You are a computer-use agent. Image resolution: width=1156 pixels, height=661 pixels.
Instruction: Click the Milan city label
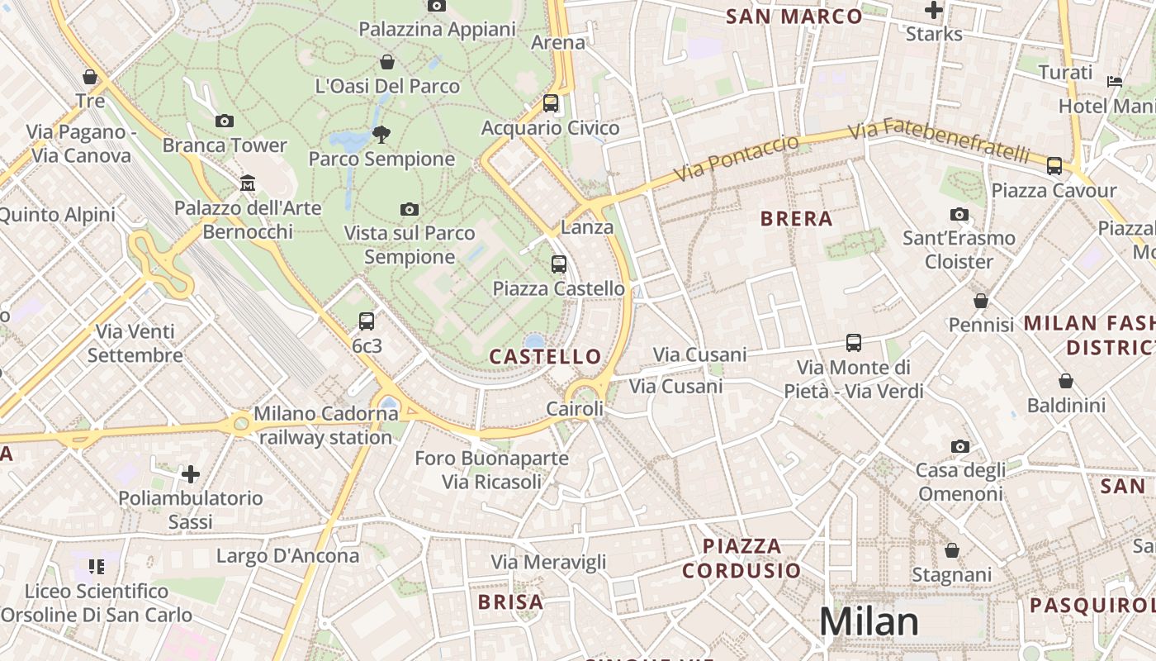coord(869,621)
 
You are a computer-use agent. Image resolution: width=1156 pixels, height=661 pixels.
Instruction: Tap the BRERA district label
coord(796,219)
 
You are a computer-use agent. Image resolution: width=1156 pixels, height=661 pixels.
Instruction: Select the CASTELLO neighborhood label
coord(545,357)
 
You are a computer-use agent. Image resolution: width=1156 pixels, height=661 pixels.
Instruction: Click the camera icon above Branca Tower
coord(224,121)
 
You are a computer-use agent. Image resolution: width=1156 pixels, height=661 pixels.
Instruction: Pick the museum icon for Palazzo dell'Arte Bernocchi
coord(247,183)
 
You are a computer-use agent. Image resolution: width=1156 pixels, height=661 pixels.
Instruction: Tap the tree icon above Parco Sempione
coord(381,133)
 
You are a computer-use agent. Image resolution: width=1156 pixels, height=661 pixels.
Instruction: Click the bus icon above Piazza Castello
coord(559,264)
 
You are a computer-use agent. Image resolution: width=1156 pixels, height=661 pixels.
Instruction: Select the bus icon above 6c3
coord(367,321)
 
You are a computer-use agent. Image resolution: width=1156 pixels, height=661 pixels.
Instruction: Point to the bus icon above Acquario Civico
coord(551,103)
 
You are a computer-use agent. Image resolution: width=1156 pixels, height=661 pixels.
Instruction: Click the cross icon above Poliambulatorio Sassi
coord(191,474)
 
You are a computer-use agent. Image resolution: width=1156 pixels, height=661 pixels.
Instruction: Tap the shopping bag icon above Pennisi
coord(981,301)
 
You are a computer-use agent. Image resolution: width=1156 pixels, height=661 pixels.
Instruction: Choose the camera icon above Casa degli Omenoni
coord(959,446)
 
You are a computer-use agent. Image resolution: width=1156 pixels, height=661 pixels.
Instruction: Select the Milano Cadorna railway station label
coord(325,425)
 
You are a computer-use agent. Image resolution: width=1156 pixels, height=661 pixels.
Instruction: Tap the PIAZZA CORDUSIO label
coord(741,558)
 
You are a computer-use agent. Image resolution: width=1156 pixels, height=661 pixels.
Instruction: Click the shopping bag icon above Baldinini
coord(1066,381)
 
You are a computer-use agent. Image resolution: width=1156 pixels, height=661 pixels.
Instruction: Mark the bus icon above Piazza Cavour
coord(1054,166)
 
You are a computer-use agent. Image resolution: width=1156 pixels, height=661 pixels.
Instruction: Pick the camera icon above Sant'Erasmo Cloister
coord(959,214)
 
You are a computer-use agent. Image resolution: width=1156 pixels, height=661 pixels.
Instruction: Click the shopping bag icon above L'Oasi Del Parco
coord(386,62)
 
